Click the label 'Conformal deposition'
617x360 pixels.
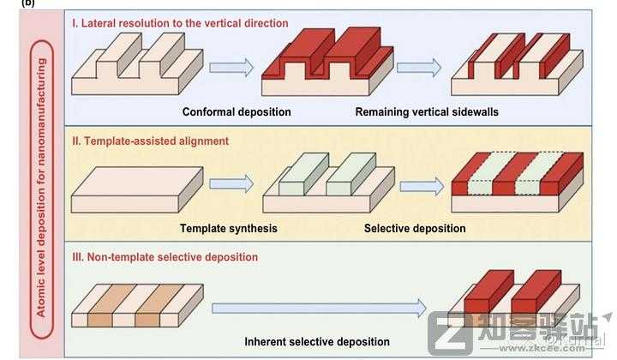tap(237, 112)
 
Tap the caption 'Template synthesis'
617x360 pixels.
tap(228, 228)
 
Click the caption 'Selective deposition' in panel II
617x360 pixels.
tap(415, 228)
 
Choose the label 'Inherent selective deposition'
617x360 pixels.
tap(317, 341)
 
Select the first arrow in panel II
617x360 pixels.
tap(231, 183)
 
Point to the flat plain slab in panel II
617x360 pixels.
tap(137, 189)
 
